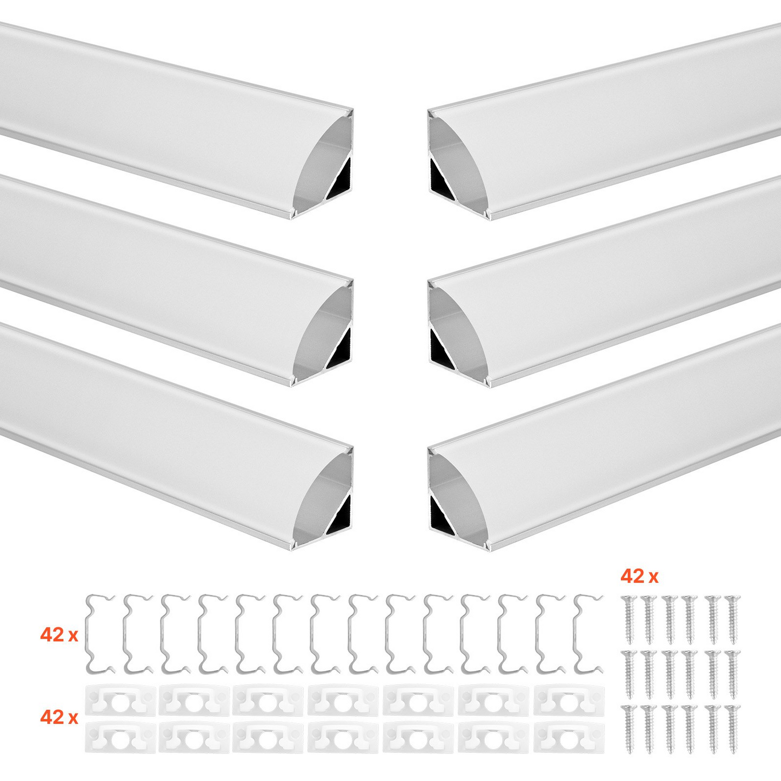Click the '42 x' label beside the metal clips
(x=59, y=636)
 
